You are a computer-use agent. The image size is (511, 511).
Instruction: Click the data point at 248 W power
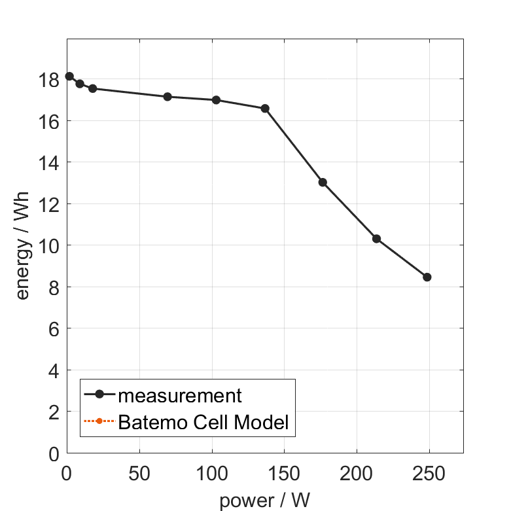[427, 277]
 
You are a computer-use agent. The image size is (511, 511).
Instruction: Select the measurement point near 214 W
[376, 239]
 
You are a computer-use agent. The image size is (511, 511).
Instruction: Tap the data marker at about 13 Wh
[323, 182]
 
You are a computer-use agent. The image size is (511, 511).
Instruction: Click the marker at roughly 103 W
[216, 100]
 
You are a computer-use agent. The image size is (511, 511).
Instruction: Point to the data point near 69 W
[167, 97]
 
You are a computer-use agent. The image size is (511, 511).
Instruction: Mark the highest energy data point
[69, 77]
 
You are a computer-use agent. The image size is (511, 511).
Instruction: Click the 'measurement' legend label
[180, 395]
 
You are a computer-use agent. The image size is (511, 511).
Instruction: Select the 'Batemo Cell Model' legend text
[203, 422]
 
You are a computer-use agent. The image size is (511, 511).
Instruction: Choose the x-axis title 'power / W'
[264, 501]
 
